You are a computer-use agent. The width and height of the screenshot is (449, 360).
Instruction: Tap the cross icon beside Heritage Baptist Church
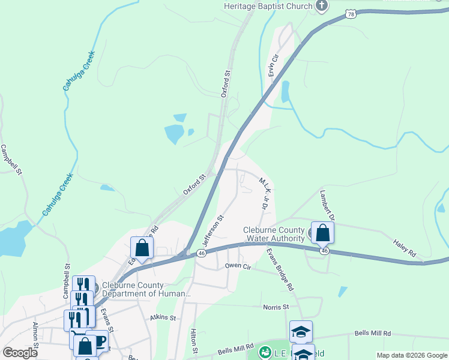click(321, 6)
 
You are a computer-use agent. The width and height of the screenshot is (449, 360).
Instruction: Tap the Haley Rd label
click(405, 250)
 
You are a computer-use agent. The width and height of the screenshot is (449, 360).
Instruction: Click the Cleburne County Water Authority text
click(274, 234)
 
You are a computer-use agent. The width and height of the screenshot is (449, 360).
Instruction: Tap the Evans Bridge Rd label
click(280, 269)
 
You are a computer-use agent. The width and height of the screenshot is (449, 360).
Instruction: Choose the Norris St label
click(276, 307)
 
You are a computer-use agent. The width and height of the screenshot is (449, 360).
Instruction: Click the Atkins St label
click(163, 317)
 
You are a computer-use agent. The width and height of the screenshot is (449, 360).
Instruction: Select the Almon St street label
click(36, 335)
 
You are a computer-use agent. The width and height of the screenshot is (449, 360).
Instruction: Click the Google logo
click(20, 353)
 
